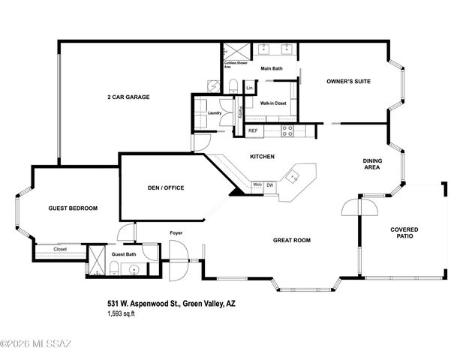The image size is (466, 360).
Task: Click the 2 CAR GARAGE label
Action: tap(129, 97)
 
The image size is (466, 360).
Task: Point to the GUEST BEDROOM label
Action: tap(73, 208)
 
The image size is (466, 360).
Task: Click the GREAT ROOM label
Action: tap(292, 240)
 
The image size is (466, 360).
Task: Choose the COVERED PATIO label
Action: tap(404, 233)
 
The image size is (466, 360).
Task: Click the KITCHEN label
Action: tap(262, 156)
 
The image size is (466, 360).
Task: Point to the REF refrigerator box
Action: tap(254, 130)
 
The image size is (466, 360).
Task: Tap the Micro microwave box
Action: tap(257, 184)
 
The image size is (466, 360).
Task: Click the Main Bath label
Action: tap(272, 69)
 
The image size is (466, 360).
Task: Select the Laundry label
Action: tap(215, 113)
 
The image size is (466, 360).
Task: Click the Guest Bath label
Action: tap(124, 254)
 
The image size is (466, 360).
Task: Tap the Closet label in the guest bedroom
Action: tap(61, 249)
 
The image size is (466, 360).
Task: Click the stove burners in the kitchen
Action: tap(287, 130)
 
